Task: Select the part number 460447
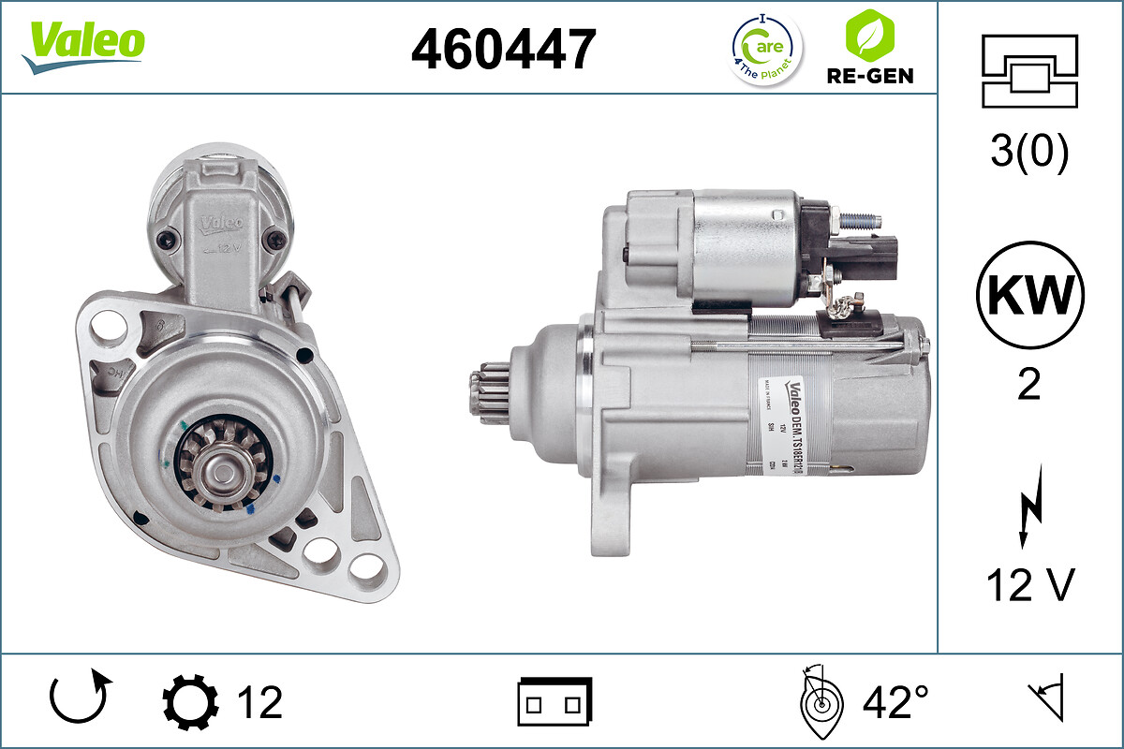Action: coord(503,49)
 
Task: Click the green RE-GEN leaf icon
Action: coord(869,36)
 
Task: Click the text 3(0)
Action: coord(1029,153)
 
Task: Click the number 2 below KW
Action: coord(1029,385)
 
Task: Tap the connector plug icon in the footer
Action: coord(555,702)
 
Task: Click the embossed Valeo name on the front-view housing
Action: coord(218,225)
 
